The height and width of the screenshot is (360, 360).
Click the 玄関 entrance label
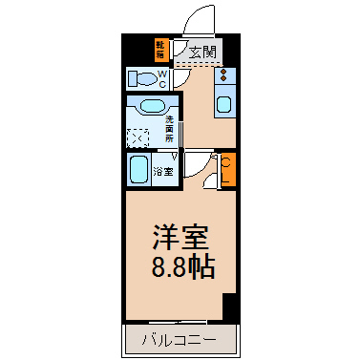tap(201, 52)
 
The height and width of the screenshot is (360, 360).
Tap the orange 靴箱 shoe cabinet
tap(160, 50)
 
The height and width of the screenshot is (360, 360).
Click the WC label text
tap(162, 77)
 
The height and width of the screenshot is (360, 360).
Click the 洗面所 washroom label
tap(169, 128)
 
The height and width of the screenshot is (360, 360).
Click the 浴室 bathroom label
tap(164, 173)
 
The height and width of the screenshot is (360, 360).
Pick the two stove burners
tap(223, 74)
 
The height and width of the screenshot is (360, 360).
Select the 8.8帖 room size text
tap(178, 265)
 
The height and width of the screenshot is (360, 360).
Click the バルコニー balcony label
tap(179, 338)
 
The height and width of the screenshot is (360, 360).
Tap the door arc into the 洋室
tap(198, 164)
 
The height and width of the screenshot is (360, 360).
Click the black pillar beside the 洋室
tap(228, 307)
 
